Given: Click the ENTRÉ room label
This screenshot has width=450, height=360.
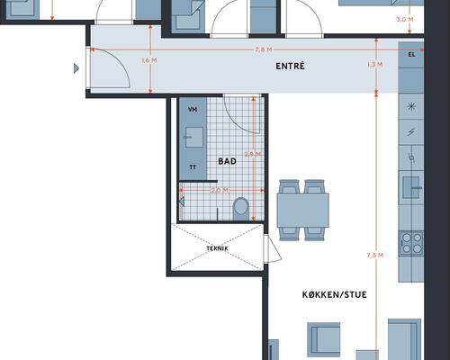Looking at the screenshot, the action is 290,66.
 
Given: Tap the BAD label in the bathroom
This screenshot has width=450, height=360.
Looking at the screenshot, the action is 227,161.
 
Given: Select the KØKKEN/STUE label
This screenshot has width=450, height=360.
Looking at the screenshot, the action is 334,294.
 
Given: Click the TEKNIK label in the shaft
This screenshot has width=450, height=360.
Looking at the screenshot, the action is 218,248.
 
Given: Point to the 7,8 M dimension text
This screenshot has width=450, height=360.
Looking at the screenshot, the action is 264,49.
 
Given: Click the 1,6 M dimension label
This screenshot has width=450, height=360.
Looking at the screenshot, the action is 149,60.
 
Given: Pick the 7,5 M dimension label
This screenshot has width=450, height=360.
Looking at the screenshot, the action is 375,256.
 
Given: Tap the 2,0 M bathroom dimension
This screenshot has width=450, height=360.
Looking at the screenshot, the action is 220,190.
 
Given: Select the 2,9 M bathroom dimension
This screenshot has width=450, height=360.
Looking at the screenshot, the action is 253,155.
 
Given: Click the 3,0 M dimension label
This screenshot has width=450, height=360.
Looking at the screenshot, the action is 405,20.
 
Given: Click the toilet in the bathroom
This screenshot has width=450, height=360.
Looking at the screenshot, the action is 241,209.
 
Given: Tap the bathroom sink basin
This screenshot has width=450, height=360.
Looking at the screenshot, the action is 194,137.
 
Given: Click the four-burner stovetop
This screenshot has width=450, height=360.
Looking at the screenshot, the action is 411,243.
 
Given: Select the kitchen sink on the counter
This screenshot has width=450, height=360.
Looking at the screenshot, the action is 411,187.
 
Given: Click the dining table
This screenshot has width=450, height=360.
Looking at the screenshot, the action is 303,211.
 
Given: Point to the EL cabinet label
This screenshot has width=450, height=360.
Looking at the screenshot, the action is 411,55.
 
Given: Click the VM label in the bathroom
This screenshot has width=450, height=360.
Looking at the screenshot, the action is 193,110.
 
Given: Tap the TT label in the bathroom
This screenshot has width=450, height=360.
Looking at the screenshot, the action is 193,167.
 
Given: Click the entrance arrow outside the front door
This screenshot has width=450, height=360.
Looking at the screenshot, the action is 76,68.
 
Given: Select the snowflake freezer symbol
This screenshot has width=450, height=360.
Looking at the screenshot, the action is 411,106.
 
